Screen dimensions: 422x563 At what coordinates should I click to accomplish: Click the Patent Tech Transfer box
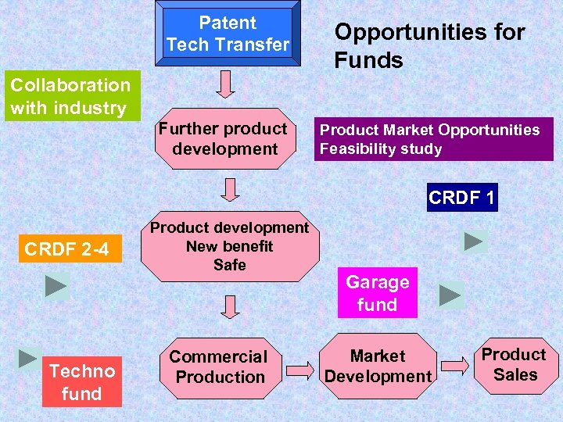[228, 33]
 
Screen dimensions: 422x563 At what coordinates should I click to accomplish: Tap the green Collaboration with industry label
[70, 96]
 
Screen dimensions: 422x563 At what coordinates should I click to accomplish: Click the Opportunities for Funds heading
[429, 46]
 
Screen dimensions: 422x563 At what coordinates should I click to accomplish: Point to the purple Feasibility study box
[433, 139]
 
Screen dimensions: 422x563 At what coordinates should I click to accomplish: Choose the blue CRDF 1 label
[462, 198]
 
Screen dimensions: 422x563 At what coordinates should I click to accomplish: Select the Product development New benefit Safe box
[229, 246]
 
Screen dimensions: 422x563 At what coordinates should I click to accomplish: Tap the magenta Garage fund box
[378, 293]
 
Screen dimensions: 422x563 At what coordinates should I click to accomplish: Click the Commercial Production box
[219, 367]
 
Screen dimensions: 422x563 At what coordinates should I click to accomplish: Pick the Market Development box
[378, 367]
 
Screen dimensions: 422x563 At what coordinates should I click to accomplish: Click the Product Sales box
[514, 364]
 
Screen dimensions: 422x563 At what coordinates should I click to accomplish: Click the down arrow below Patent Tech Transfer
[225, 84]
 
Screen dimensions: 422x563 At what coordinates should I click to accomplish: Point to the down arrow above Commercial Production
[229, 306]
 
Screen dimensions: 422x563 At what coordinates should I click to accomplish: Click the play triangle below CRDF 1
[474, 241]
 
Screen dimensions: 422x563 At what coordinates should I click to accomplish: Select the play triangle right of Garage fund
[450, 295]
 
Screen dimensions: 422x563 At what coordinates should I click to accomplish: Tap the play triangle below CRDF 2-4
[56, 286]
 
